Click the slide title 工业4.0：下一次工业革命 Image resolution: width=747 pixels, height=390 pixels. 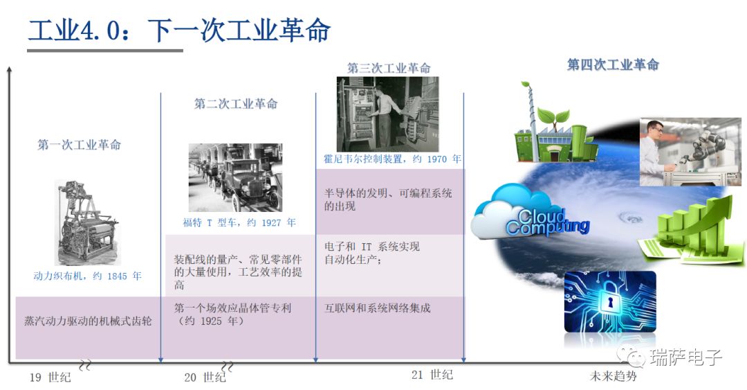pos(179,30)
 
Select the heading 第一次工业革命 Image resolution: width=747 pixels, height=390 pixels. pos(79,145)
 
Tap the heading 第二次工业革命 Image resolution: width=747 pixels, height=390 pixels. pos(235,104)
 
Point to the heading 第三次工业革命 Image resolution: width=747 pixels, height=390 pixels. pos(389,68)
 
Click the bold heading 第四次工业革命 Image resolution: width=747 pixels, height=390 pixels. pos(613,64)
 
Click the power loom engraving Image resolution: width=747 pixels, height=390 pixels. pos(87,222)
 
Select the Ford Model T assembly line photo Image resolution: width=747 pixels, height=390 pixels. pos(235,177)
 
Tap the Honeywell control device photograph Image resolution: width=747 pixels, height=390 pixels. pos(387,114)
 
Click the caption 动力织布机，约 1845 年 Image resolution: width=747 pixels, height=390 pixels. pos(87,276)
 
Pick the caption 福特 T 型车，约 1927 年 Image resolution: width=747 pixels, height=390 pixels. pos(239,222)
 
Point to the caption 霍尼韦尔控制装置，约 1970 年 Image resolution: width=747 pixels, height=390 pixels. pos(392,159)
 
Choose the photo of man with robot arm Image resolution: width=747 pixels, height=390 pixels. pos(690,152)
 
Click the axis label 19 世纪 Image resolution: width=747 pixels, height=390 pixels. pos(50,377)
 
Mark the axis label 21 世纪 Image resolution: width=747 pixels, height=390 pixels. pos(432,375)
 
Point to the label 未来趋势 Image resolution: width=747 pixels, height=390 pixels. pos(613,376)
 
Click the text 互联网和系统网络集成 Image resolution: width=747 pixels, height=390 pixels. pos(378,308)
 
